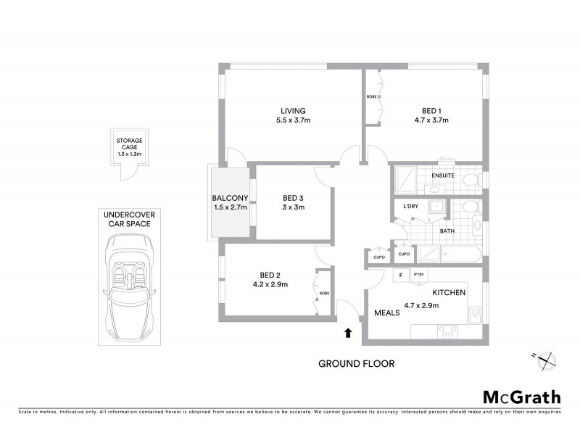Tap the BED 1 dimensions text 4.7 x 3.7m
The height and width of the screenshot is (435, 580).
pos(428,120)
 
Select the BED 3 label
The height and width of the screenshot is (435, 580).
pos(294,198)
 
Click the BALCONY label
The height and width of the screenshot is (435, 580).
pos(230,198)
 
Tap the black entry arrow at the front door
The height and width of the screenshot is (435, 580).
pos(348,333)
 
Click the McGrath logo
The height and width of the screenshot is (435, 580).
pos(522,397)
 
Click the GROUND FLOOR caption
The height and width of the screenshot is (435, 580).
pos(357,364)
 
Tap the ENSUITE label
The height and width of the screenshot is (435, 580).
pos(442,175)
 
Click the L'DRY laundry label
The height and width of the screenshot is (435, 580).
pos(411,207)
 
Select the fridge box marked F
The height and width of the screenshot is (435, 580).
pos(399,275)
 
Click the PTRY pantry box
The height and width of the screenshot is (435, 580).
pos(418,275)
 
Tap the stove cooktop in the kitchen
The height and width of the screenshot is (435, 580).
pos(447,332)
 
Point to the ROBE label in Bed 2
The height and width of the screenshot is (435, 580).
pos(323,293)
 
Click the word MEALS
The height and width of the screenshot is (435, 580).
pos(388,313)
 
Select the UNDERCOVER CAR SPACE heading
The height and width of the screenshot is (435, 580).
pos(127,219)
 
